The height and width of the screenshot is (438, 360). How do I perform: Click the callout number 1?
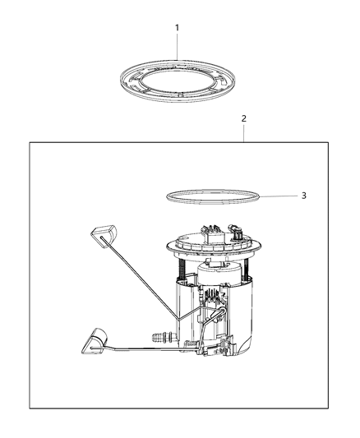pyautogui.click(x=177, y=28)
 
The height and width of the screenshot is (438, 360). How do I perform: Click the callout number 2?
pyautogui.click(x=243, y=118)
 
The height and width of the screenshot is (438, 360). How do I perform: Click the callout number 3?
pyautogui.click(x=280, y=196)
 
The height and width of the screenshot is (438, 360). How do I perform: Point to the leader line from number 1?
pyautogui.click(x=177, y=46)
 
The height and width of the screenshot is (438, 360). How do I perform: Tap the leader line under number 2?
pyautogui.click(x=243, y=133)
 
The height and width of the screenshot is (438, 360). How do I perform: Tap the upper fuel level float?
pyautogui.click(x=100, y=234)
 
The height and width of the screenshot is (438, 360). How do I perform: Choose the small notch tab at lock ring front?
pyautogui.click(x=179, y=96)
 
